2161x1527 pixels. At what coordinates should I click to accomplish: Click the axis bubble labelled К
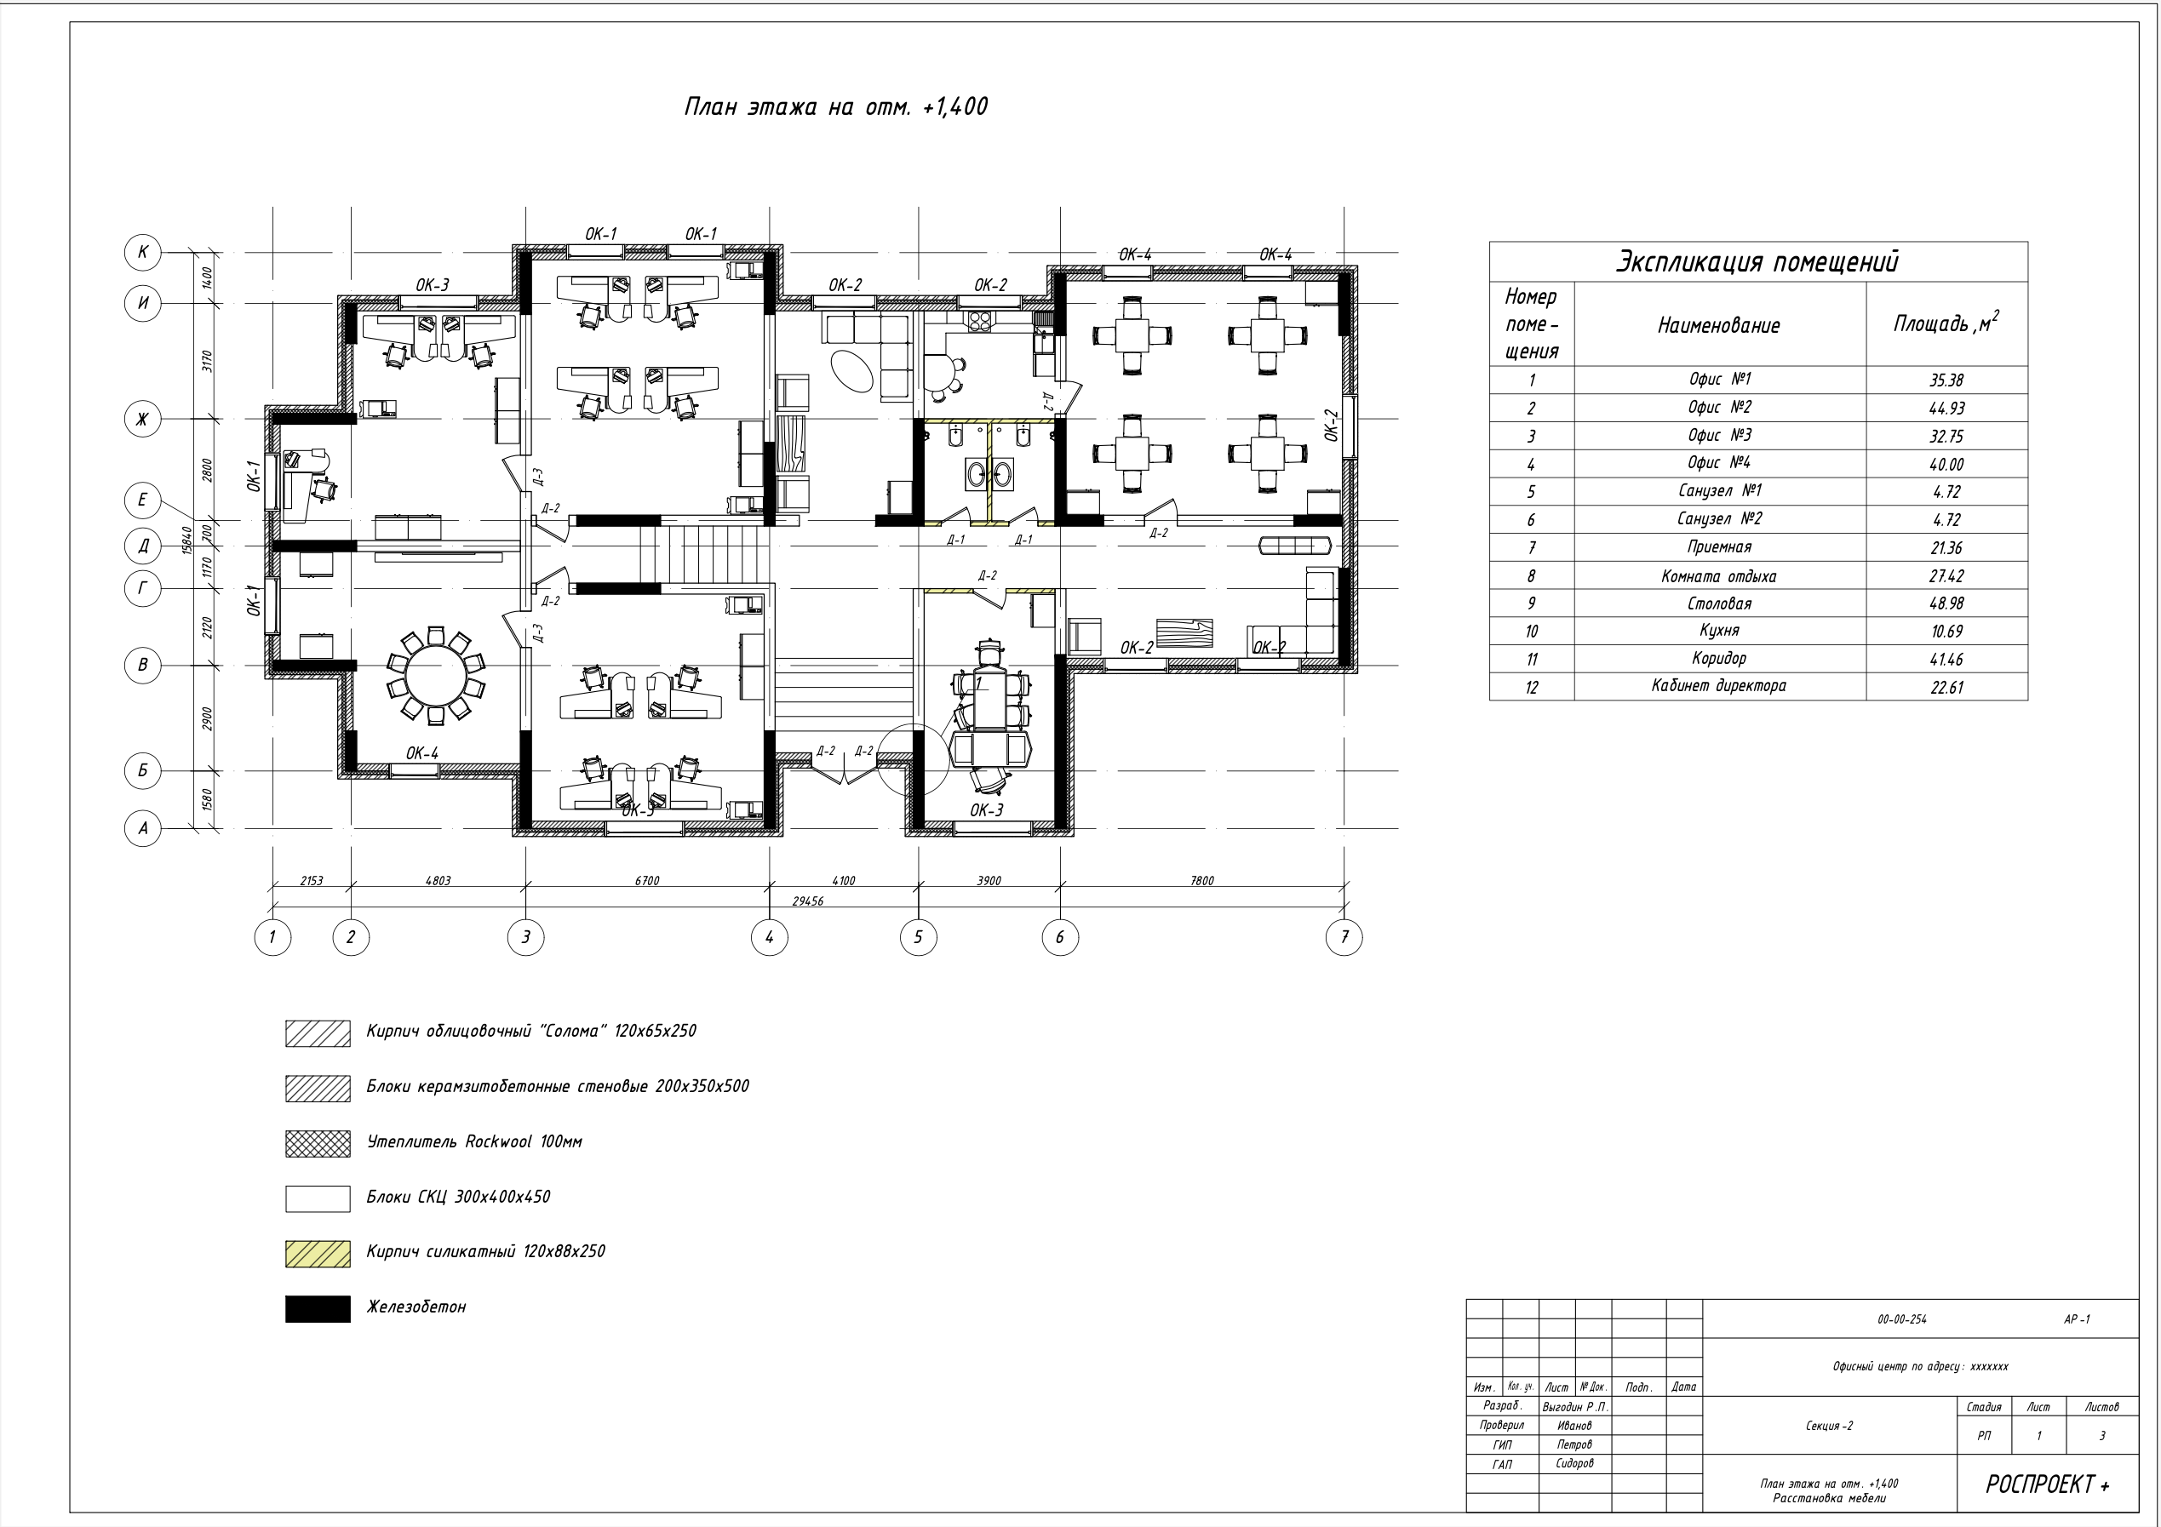click(143, 252)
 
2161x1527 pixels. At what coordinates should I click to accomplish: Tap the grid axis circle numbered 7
click(1344, 936)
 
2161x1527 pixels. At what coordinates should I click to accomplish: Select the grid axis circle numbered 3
click(525, 936)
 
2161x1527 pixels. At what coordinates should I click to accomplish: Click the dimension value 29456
click(807, 901)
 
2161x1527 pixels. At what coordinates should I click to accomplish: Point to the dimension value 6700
click(646, 881)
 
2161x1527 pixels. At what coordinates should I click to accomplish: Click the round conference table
click(436, 677)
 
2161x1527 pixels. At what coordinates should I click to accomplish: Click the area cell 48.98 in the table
click(1946, 603)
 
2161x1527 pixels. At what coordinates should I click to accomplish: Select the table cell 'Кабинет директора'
click(1718, 686)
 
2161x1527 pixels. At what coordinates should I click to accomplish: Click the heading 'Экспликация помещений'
click(1757, 260)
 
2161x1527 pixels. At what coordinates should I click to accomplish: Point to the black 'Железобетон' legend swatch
click(318, 1307)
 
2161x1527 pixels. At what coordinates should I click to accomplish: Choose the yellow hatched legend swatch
click(318, 1253)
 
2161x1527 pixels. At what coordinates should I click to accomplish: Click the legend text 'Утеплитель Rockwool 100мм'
click(474, 1141)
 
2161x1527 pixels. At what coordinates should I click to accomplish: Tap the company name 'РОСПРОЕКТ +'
click(2047, 1484)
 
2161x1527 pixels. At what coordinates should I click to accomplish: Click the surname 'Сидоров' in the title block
click(1573, 1463)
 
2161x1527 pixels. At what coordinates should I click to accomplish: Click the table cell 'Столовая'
click(1718, 603)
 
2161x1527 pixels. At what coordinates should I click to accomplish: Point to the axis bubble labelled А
click(143, 829)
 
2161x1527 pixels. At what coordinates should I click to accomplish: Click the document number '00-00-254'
click(1901, 1319)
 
